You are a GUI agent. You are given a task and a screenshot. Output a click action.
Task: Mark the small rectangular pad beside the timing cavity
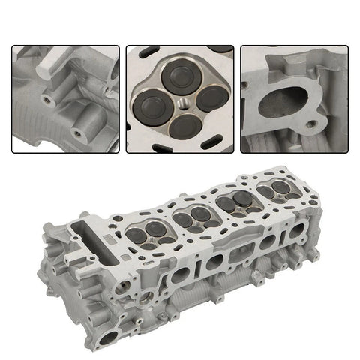click(x=109, y=241)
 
